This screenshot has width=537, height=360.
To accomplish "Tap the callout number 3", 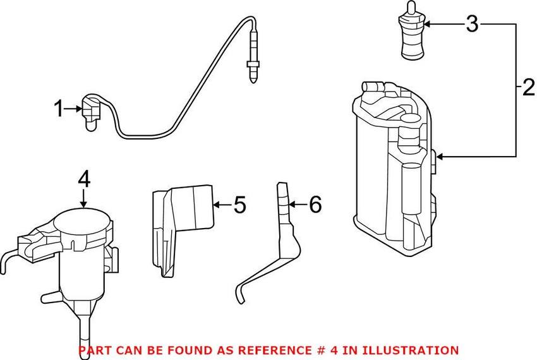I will point(472,25).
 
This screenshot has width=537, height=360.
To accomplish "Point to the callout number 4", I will point(84,179).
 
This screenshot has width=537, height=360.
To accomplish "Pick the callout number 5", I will point(238,205).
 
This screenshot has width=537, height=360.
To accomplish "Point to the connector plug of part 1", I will point(89,112).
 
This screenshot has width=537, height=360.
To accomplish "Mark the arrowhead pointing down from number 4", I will point(84,204).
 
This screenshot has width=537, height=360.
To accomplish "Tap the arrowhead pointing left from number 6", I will point(291,204).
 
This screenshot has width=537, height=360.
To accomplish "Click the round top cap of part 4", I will point(84,221).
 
